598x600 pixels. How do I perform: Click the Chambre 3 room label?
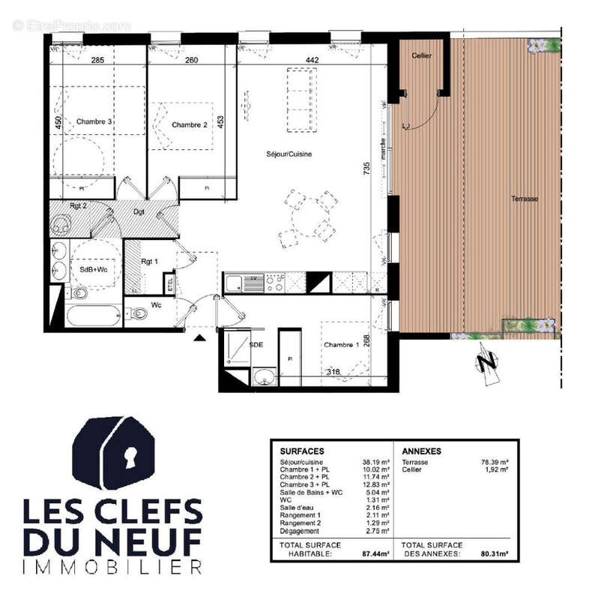coord(94,121)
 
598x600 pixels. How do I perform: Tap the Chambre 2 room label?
coord(189,124)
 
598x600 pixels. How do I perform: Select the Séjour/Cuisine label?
coord(289,154)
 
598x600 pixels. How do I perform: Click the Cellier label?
coord(422,56)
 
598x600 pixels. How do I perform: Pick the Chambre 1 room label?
coord(342,344)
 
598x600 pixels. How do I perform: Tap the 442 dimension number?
coord(312,61)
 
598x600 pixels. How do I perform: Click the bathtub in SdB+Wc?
coord(93,315)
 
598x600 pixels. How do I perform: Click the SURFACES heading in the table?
coord(302,451)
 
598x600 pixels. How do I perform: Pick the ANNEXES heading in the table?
coord(421,451)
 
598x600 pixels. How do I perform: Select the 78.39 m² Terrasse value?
coord(495,463)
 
